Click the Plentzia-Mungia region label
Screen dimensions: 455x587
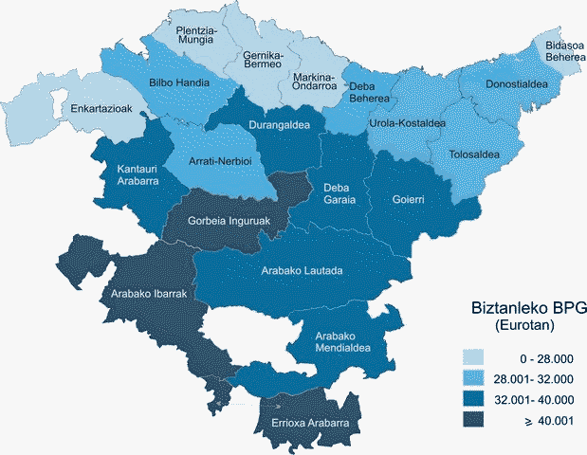tap(197, 36)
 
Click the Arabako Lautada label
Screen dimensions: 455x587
tap(301, 271)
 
